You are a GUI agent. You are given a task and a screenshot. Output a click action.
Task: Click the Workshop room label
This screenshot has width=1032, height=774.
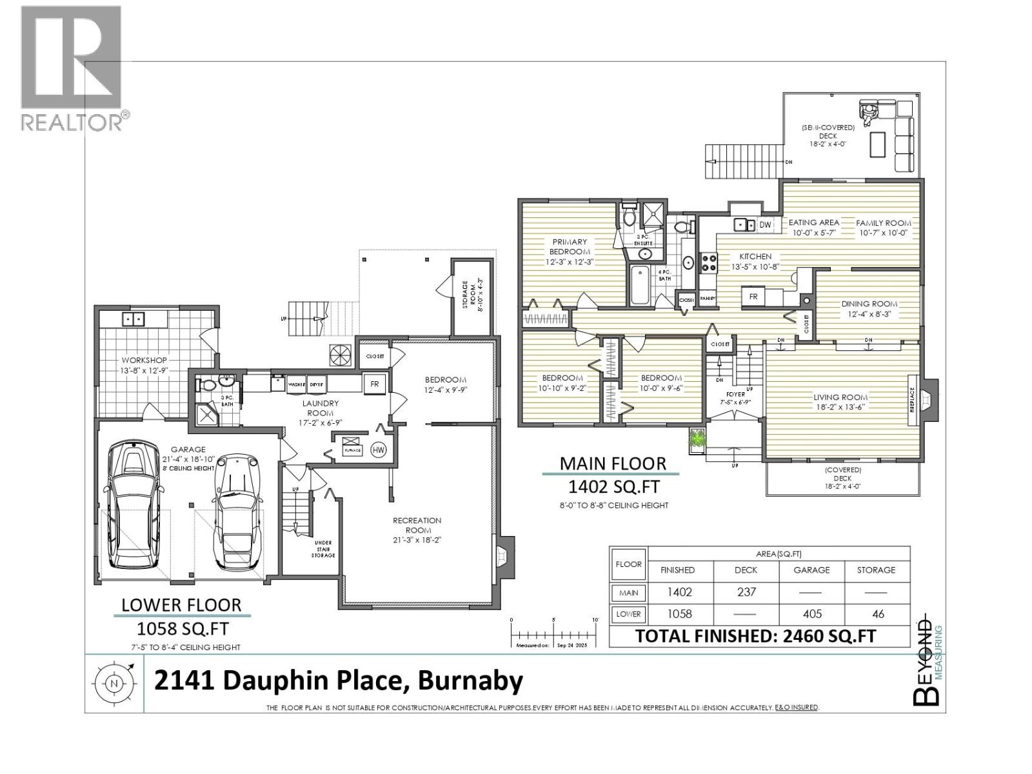pos(144,360)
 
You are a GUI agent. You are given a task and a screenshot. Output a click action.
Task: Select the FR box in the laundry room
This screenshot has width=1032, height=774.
pos(375,384)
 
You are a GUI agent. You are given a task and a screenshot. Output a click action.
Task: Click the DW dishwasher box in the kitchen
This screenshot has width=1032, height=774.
pos(765,224)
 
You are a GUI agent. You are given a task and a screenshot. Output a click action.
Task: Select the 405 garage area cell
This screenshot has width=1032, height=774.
pos(811,614)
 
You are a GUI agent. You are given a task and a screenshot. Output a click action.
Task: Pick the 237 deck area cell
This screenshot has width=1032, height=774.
pos(746,592)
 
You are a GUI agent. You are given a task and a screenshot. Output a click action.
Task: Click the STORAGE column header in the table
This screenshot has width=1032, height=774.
pos(876,570)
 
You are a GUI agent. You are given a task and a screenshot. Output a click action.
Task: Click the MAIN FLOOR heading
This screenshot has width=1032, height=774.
pos(613,463)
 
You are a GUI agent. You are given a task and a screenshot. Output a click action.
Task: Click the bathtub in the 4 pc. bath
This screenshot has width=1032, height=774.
pos(642,285)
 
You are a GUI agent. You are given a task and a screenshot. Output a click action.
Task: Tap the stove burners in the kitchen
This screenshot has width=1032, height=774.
pos(709,262)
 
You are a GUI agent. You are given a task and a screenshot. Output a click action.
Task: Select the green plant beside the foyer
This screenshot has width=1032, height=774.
pos(697,439)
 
